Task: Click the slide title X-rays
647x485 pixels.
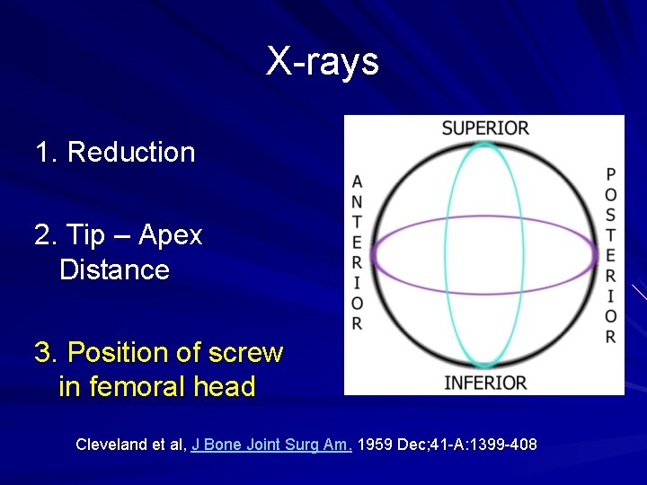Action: pos(323,62)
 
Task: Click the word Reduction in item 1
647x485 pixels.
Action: pos(131,152)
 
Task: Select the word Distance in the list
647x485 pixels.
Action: pos(114,269)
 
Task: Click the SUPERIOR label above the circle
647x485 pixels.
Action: pos(485,128)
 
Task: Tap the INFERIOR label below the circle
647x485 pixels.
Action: pos(485,383)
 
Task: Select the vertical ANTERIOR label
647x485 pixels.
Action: pos(358,252)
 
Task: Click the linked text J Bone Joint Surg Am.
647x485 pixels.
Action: pos(272,444)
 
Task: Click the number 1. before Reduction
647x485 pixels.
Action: pos(45,152)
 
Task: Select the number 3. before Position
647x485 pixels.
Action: pos(45,352)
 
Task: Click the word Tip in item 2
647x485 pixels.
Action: pos(86,235)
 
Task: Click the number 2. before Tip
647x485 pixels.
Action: pos(45,235)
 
